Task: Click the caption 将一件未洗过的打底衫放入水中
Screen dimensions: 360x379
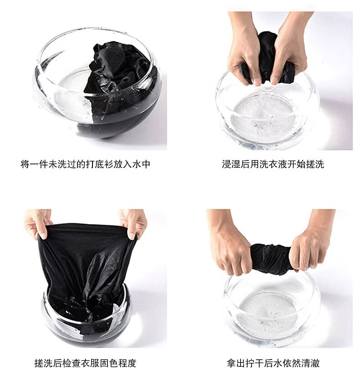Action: (85, 164)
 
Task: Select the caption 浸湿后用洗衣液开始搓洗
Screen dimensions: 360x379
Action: (273, 164)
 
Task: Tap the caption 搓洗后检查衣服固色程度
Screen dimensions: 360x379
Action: (85, 363)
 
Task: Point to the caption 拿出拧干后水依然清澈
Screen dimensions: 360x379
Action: (273, 363)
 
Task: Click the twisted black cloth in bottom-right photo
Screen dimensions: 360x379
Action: (271, 259)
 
